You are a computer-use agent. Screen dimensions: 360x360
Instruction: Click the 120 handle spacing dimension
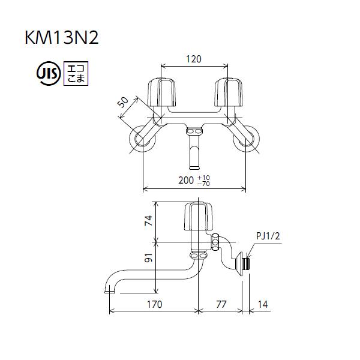click(x=193, y=59)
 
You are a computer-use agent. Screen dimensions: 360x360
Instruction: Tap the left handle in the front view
click(x=160, y=93)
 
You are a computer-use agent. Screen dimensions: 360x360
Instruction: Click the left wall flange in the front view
click(x=143, y=140)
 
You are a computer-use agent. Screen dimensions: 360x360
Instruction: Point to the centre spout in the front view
click(x=194, y=153)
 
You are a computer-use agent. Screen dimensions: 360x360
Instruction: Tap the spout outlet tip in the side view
click(x=110, y=290)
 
